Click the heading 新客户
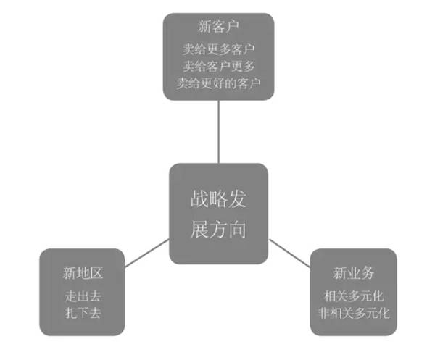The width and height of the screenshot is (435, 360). [218, 28]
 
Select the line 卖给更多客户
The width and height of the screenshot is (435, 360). [218, 50]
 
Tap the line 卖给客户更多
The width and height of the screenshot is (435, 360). [218, 66]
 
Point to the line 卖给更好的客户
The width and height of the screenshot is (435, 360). [218, 82]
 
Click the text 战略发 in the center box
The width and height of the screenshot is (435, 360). [218, 200]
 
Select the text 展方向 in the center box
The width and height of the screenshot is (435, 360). [218, 230]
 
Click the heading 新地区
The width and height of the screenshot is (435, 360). [82, 273]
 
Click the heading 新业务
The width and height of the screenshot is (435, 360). [353, 273]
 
